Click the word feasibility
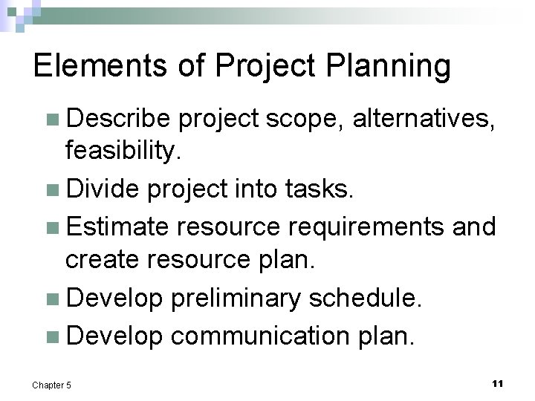(x=123, y=152)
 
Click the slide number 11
(x=497, y=383)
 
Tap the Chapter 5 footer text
(x=53, y=385)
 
